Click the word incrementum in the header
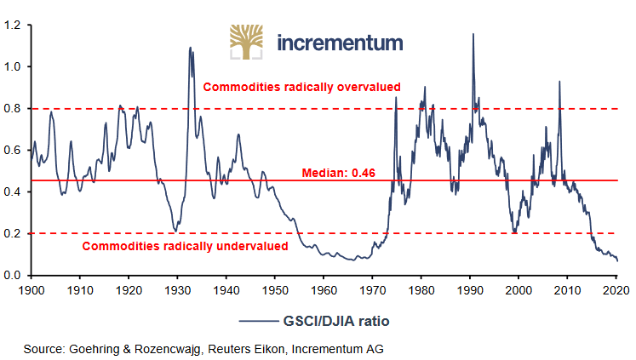pyautogui.click(x=340, y=43)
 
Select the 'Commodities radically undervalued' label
pyautogui.click(x=185, y=246)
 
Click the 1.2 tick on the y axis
pyautogui.click(x=15, y=26)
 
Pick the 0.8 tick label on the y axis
pyautogui.click(x=15, y=109)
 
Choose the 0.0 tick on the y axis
pyautogui.click(x=15, y=276)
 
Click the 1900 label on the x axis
pyautogui.click(x=31, y=289)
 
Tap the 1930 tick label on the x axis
pyautogui.click(x=177, y=289)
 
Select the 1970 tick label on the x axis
pyautogui.click(x=372, y=289)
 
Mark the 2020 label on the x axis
pyautogui.click(x=616, y=289)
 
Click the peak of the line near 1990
pyautogui.click(x=473, y=34)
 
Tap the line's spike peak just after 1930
pyautogui.click(x=190, y=48)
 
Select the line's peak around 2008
pyautogui.click(x=559, y=82)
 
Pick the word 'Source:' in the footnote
pyautogui.click(x=44, y=348)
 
